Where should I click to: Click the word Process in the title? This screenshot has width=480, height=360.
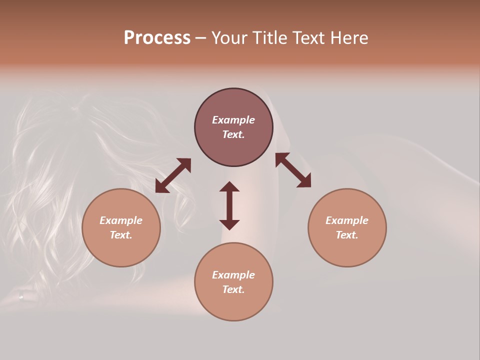(x=157, y=38)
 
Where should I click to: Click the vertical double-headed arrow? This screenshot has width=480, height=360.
(x=229, y=205)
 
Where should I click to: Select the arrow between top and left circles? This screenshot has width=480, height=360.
(x=173, y=175)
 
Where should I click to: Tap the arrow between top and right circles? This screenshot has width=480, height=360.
(x=293, y=170)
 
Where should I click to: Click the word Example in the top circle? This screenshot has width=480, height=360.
(x=233, y=120)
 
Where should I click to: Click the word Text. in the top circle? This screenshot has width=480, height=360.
(x=233, y=134)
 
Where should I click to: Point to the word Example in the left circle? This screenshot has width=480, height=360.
(x=121, y=220)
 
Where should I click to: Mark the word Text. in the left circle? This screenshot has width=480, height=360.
(x=121, y=235)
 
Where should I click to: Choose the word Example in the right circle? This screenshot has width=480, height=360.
(x=347, y=220)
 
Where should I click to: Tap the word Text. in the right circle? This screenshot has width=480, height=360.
(x=347, y=235)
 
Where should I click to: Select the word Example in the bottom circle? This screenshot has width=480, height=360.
(x=233, y=275)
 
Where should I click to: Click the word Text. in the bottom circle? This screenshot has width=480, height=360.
(x=233, y=289)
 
